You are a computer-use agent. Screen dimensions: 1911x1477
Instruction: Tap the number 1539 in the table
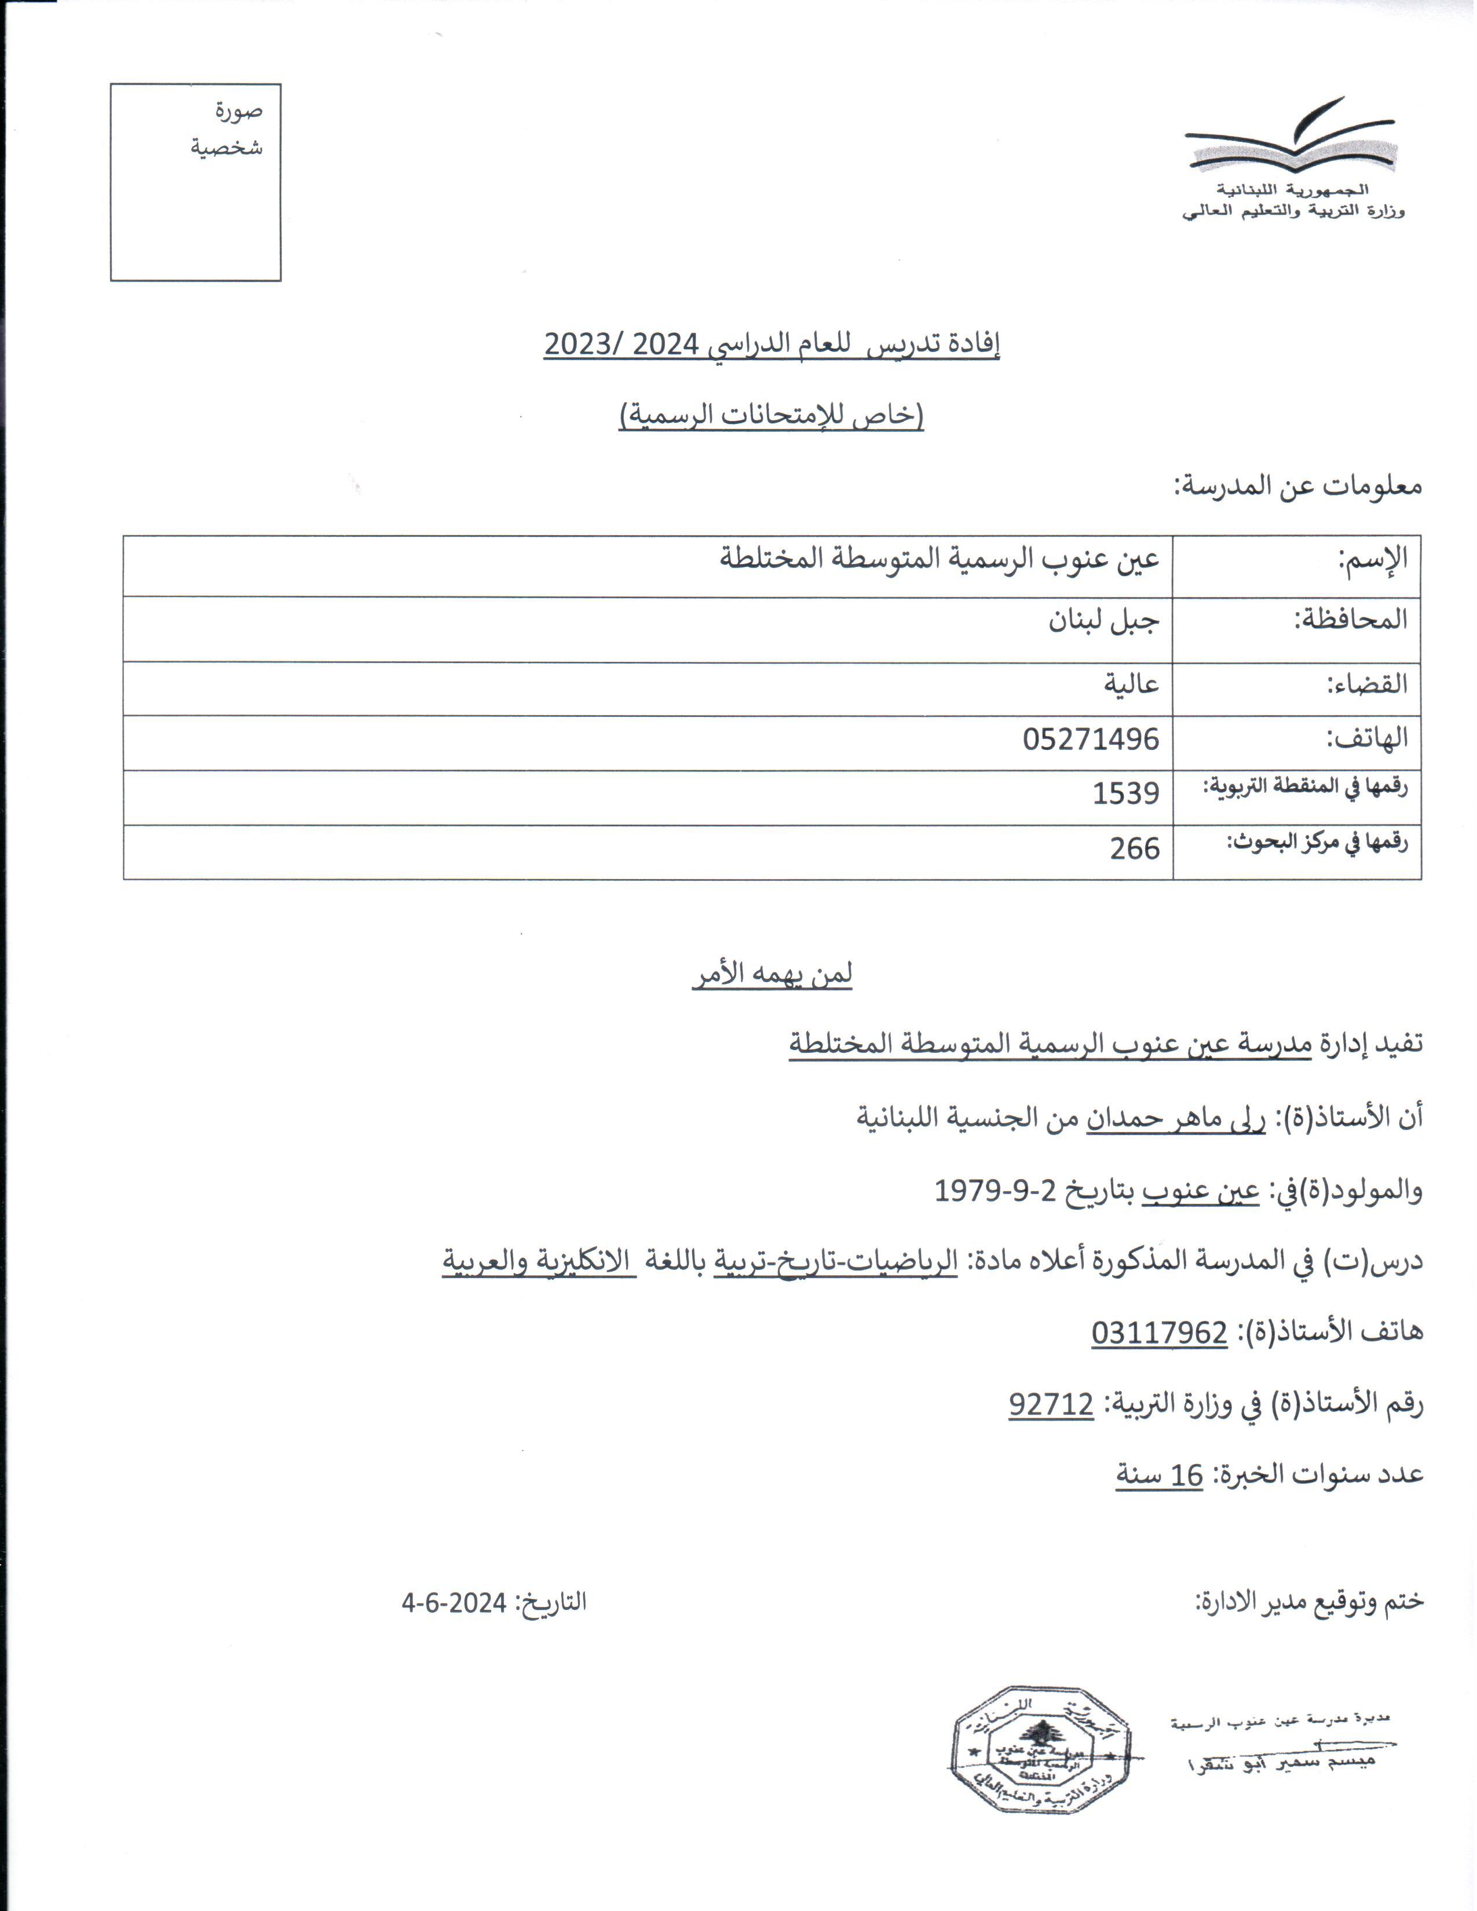coord(1125,793)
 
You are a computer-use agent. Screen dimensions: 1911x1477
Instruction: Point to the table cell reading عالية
coord(1131,683)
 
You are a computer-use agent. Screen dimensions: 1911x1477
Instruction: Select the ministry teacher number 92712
coord(1051,1404)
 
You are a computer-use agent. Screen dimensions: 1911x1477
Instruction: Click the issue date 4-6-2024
coord(454,1603)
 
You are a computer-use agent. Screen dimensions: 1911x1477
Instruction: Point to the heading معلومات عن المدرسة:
coord(1297,486)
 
